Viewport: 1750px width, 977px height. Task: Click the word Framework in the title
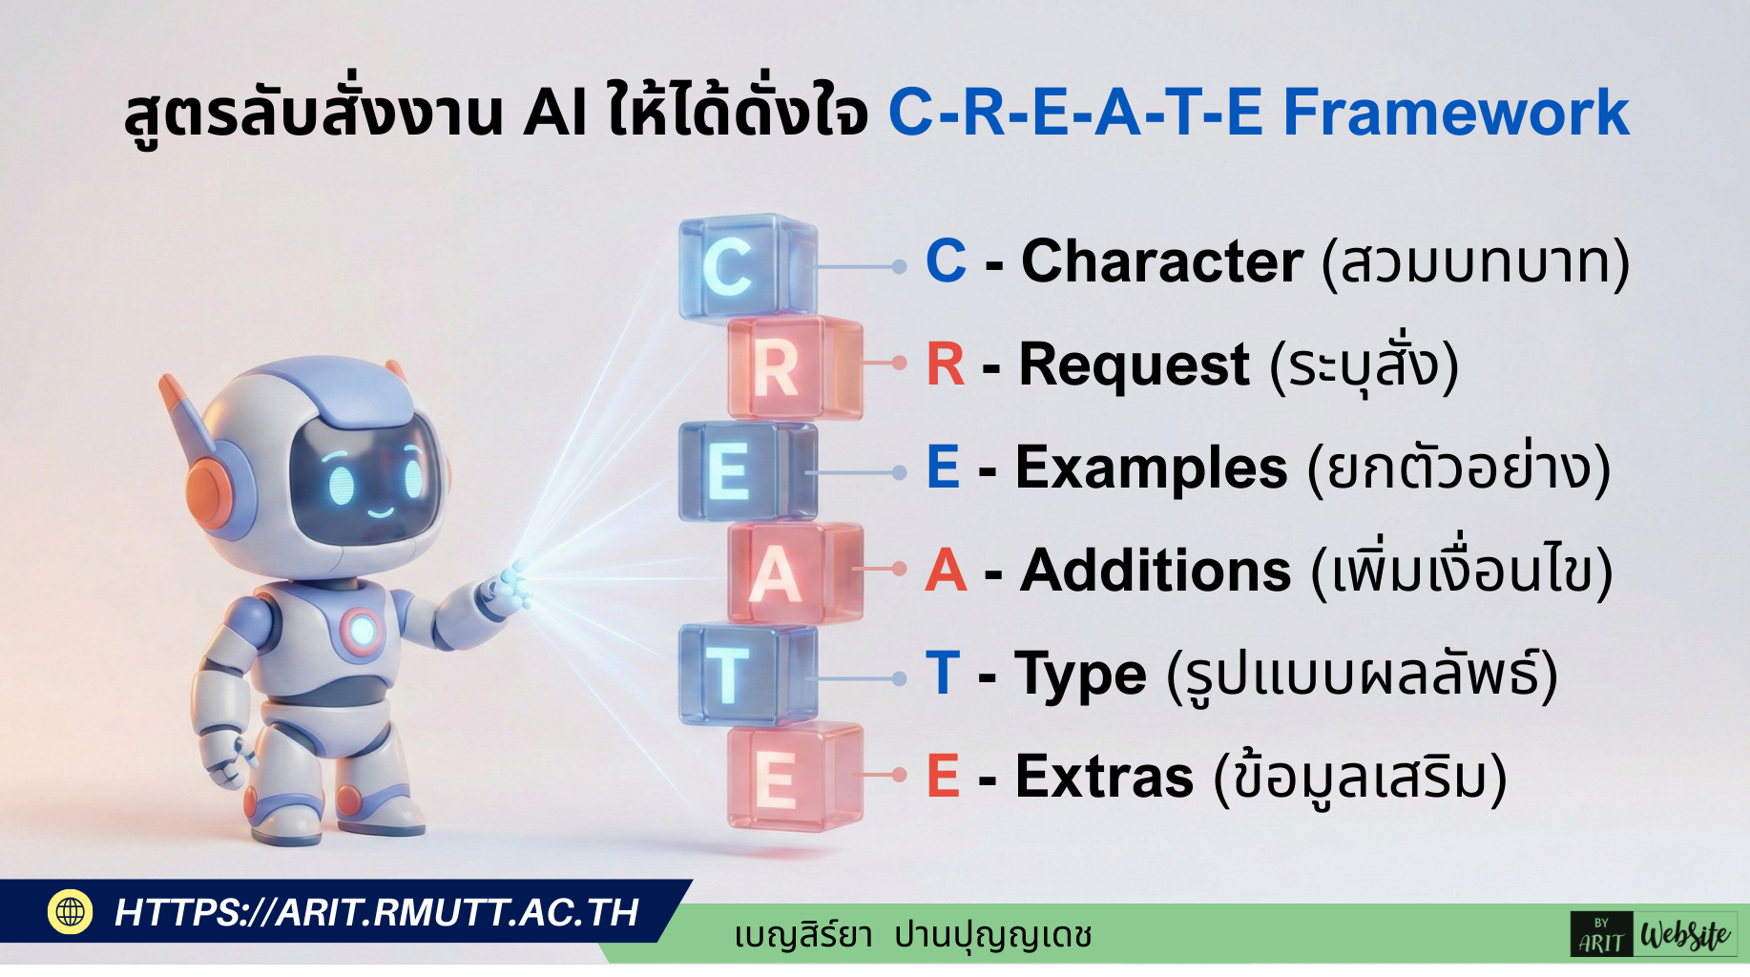[1456, 113]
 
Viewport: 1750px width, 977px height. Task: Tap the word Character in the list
[1161, 261]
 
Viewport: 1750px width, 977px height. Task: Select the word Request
[1134, 365]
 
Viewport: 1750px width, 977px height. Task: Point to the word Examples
[1152, 468]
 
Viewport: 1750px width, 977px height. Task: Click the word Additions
[1156, 571]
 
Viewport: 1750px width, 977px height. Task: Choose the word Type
[1080, 676]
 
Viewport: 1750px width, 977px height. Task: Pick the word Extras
[1104, 777]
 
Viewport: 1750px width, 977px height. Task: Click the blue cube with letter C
[747, 266]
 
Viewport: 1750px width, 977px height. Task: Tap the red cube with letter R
[794, 368]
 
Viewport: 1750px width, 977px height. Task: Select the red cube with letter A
[795, 573]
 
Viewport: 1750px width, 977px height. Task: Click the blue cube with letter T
[747, 676]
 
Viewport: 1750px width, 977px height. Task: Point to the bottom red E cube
[795, 777]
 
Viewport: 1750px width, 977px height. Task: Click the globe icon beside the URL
[70, 911]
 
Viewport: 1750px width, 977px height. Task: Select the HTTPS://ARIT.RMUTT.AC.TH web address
[376, 913]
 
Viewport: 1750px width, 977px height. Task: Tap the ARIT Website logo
[1653, 934]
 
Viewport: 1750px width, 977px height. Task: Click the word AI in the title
[554, 113]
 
